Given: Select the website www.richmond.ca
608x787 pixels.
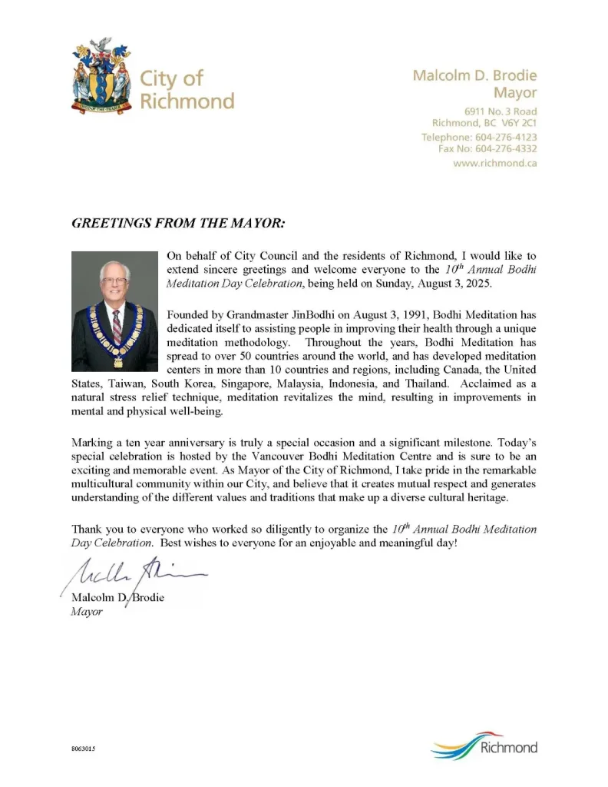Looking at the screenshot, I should coord(494,163).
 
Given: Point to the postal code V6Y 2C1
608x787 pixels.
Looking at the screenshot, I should coord(519,123).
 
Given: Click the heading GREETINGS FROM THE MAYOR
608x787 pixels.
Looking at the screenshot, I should coord(178,224).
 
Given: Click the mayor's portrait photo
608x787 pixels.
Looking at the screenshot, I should coord(114,310).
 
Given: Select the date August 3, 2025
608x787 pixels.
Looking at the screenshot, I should coord(451,283).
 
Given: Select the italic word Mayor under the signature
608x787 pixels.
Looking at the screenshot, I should coord(87,613).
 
